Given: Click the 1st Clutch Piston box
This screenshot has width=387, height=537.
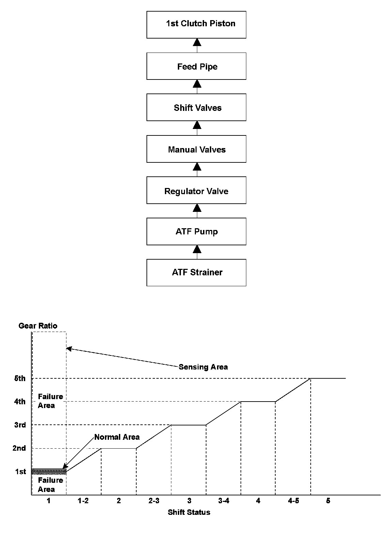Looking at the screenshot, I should click(x=196, y=24).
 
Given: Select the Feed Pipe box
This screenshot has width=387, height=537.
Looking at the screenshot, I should click(x=196, y=66).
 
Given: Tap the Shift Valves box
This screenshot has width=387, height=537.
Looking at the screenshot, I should click(x=196, y=107).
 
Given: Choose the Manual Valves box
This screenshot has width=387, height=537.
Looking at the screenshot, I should click(x=196, y=149).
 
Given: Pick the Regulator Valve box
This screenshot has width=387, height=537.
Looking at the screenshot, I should click(x=196, y=191).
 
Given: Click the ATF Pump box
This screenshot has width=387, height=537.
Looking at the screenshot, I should click(x=196, y=232).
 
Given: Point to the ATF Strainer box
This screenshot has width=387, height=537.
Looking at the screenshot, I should click(x=196, y=273).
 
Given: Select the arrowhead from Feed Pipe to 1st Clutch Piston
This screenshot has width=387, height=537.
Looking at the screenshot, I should click(x=197, y=42).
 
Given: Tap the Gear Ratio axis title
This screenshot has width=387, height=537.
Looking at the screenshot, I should click(x=38, y=326).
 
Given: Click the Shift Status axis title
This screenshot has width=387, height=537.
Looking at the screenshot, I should click(x=189, y=512).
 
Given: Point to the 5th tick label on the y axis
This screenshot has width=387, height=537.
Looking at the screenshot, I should click(x=20, y=378).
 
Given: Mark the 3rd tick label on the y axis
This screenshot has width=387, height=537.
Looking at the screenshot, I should click(x=20, y=425).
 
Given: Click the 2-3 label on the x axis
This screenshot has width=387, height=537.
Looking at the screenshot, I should click(x=154, y=501).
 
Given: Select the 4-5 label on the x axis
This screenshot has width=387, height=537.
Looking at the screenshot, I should click(x=293, y=501).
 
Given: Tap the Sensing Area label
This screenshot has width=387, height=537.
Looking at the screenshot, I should click(x=203, y=367).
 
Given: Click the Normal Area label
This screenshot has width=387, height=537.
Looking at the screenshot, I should click(x=117, y=437).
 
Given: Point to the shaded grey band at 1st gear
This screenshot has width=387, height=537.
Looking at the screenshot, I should click(x=49, y=471).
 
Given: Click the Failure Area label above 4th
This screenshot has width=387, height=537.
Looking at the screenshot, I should click(x=50, y=401).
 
